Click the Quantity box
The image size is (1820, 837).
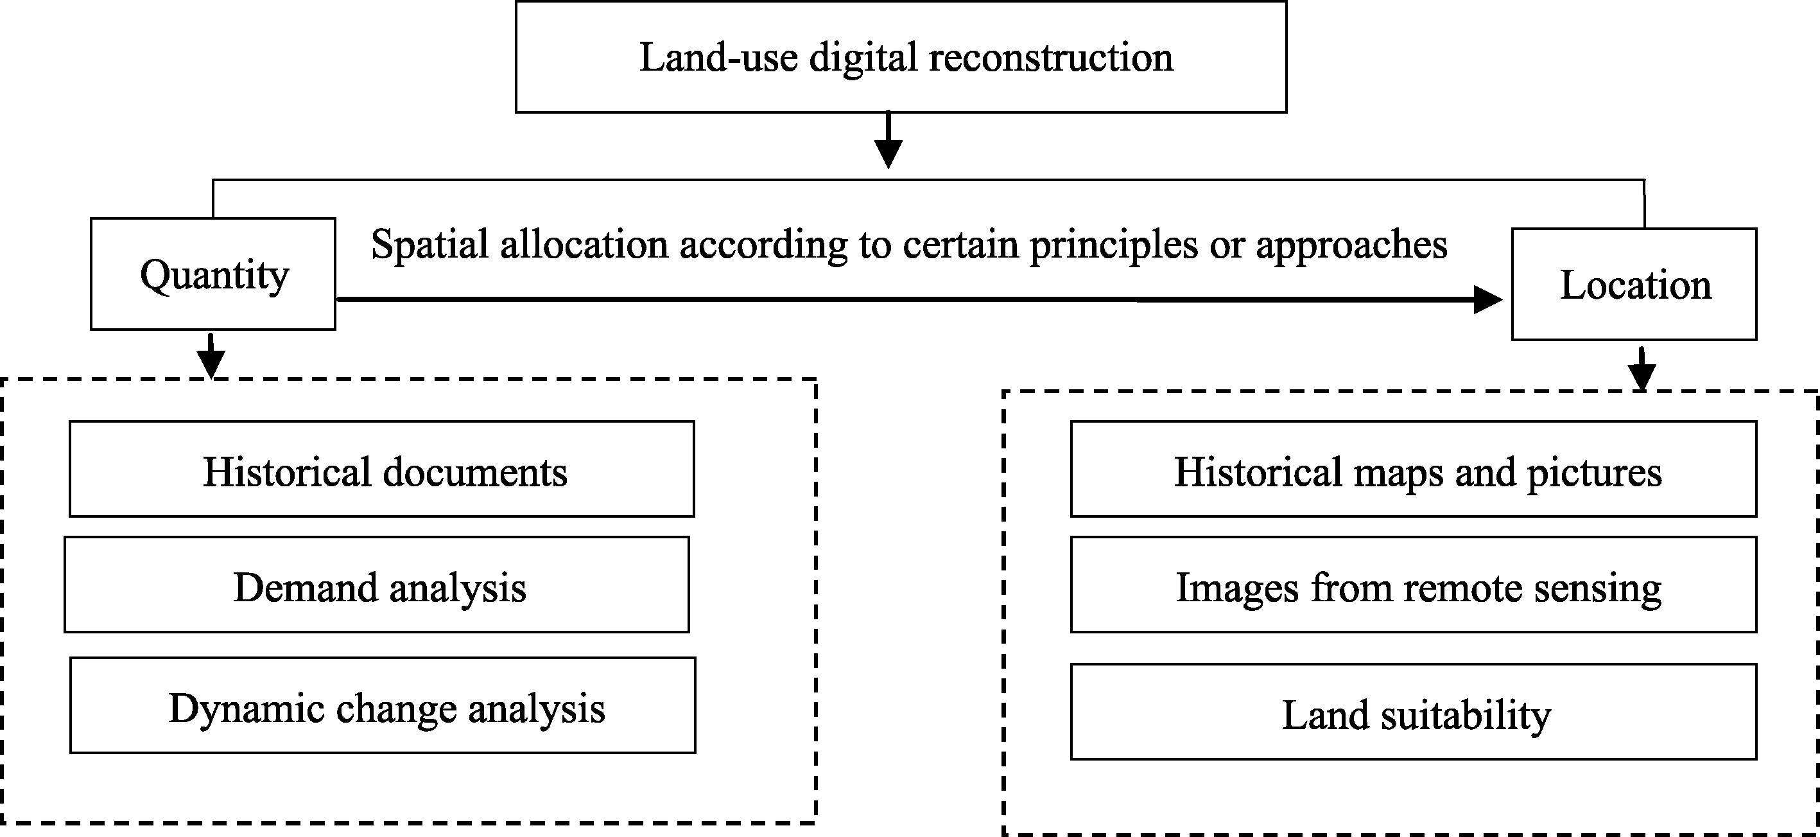click(x=212, y=274)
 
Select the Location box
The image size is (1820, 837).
click(x=1634, y=284)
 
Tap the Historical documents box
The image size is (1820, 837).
click(x=381, y=470)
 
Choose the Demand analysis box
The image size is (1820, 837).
click(x=377, y=585)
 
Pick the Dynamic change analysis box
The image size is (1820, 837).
click(x=382, y=705)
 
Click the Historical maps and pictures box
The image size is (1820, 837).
click(x=1414, y=470)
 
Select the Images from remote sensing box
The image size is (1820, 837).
click(x=1414, y=585)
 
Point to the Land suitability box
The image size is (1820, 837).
click(x=1414, y=712)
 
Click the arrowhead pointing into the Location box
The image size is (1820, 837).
click(x=1488, y=300)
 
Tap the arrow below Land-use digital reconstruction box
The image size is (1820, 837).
click(x=888, y=140)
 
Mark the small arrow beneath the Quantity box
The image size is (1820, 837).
click(x=211, y=356)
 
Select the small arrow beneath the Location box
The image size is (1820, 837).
click(x=1642, y=368)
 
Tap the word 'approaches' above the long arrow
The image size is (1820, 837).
click(x=1351, y=245)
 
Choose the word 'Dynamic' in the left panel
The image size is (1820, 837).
click(x=247, y=709)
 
